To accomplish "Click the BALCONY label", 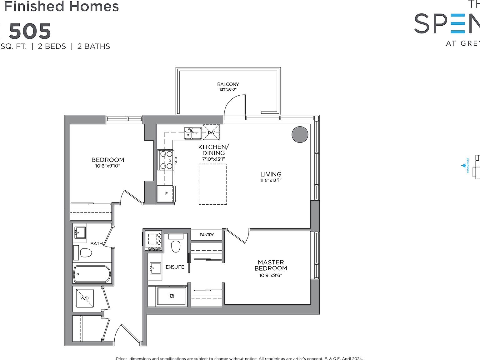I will [228, 84].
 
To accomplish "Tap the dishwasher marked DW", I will [211, 132].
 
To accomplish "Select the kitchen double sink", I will [192, 133].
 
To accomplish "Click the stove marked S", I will [166, 160].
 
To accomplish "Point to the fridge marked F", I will [166, 194].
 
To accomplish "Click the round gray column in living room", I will [300, 134].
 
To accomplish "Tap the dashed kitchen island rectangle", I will [213, 184].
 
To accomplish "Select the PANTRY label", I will [207, 235].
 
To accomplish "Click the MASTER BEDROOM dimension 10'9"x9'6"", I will [271, 275].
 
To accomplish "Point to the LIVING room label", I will [271, 174].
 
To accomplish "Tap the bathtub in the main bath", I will [92, 274].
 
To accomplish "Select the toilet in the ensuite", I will [176, 246].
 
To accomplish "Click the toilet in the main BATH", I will [86, 252].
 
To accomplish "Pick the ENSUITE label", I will [175, 267].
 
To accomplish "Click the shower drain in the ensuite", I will [171, 296].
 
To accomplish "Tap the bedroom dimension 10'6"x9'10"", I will [108, 166].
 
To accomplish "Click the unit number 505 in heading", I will [30, 32].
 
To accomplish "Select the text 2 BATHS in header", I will [94, 46].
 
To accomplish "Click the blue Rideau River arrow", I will [463, 166].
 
